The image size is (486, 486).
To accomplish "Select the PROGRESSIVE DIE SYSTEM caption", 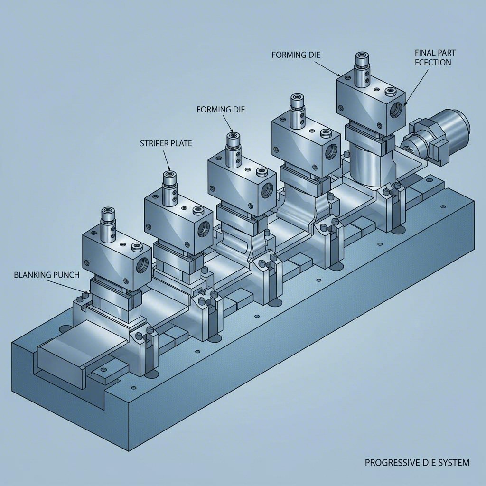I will pyautogui.click(x=417, y=462).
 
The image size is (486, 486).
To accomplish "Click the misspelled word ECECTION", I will pyautogui.click(x=432, y=62).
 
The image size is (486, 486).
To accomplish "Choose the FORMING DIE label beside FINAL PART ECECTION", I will pyautogui.click(x=296, y=55).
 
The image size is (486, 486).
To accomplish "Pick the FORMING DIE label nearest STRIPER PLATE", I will pyautogui.click(x=220, y=109).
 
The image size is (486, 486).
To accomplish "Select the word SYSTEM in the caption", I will pyautogui.click(x=453, y=462).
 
